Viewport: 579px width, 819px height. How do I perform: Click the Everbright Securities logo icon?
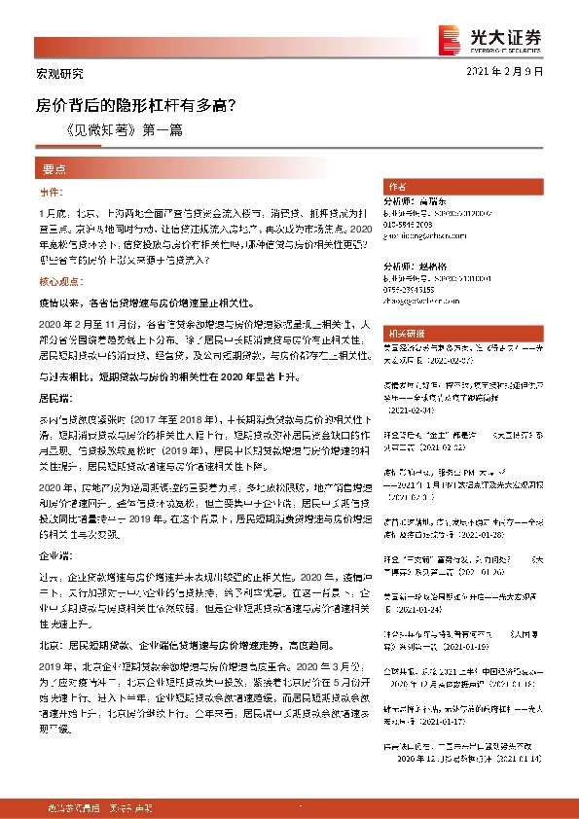point(451,37)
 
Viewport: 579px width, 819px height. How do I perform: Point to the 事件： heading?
point(51,193)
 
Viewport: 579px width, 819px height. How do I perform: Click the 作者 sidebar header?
point(396,186)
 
